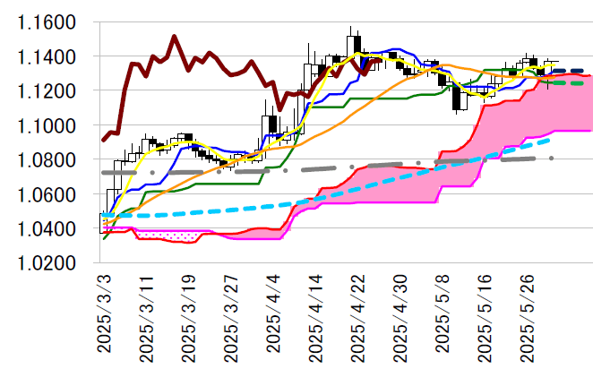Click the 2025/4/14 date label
(x=318, y=317)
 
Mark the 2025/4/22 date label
(x=360, y=317)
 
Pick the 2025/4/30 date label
(x=402, y=317)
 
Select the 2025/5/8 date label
(x=444, y=313)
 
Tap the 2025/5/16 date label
(x=487, y=317)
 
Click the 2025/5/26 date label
(x=529, y=317)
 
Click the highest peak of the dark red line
(x=174, y=37)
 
